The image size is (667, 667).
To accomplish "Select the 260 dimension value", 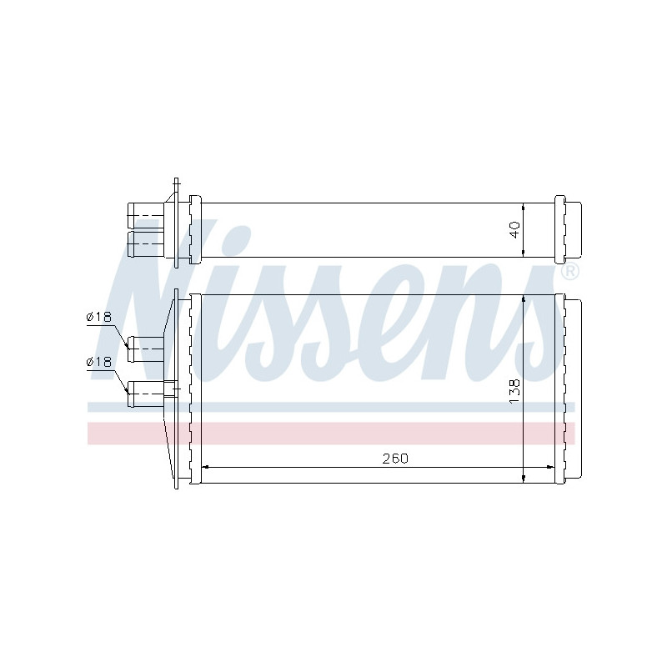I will point(396,459).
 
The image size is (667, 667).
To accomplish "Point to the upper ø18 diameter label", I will point(98,316).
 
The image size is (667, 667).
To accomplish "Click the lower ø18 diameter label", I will point(98,361).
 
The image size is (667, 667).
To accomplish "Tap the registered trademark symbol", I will point(570,273).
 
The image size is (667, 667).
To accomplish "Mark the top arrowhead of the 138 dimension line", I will point(523,298).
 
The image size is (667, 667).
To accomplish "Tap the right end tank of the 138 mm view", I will point(569,388).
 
